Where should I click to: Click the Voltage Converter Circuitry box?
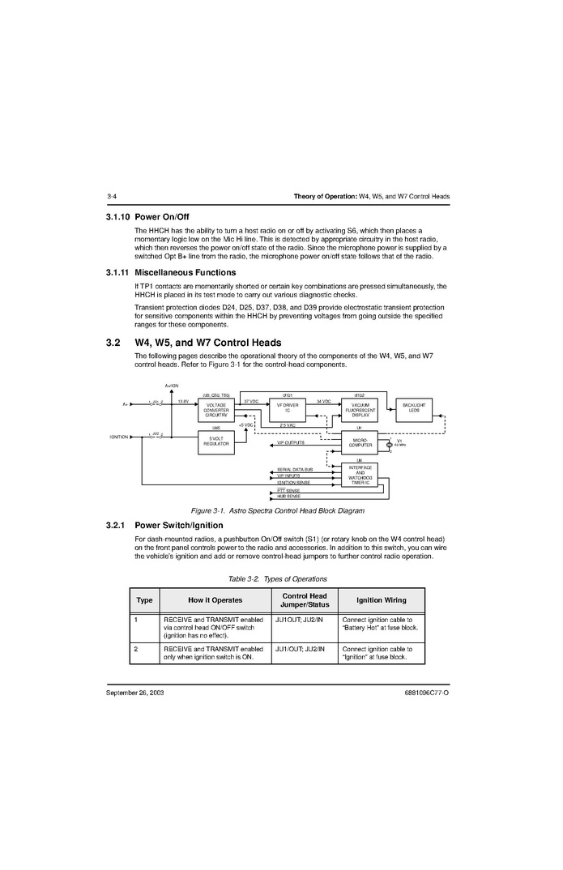[x=216, y=410]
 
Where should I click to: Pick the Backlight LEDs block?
[x=414, y=410]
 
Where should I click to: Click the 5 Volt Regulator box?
[x=216, y=441]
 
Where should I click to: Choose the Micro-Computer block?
[x=360, y=442]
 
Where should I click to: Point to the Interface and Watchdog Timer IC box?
[x=360, y=476]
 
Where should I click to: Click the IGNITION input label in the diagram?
[x=119, y=437]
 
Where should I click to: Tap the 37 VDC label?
[x=251, y=401]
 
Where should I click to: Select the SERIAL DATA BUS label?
[x=294, y=470]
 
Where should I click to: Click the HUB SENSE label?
[x=288, y=496]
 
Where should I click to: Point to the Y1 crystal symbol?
[x=390, y=445]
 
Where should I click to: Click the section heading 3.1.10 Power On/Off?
[x=147, y=217]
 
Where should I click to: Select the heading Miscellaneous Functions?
[x=186, y=273]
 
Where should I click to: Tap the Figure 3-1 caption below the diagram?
[x=277, y=511]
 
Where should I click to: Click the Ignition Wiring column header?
[x=381, y=600]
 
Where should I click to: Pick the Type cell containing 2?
[x=137, y=649]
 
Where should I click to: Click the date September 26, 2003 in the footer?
[x=134, y=694]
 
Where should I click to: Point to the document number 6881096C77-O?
[x=426, y=694]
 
